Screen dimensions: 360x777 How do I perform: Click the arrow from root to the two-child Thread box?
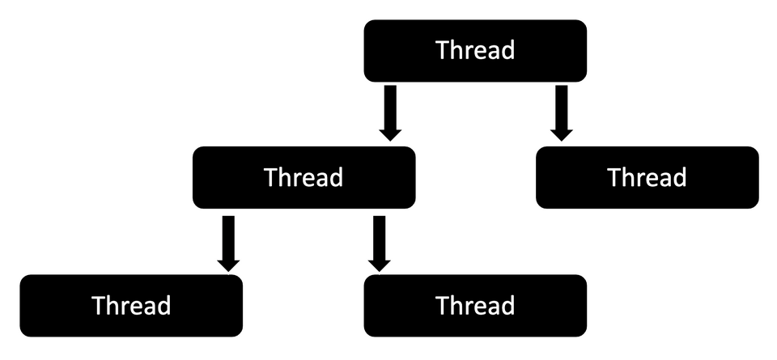tap(390, 112)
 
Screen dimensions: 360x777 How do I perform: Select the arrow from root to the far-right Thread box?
tap(561, 112)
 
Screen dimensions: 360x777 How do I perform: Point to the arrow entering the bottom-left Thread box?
tap(228, 243)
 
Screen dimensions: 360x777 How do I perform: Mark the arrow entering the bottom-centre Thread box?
tap(379, 243)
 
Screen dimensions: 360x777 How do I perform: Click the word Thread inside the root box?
tap(475, 50)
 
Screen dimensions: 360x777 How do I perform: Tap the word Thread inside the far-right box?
tap(647, 177)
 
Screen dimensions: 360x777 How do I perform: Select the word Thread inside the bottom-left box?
tap(131, 306)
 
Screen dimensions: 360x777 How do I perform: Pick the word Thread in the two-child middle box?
tap(304, 177)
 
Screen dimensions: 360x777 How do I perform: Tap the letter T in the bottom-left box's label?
tap(99, 306)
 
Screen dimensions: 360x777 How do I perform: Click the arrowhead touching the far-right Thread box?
tap(561, 131)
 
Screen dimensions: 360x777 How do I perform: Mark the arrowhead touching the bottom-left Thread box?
tap(228, 262)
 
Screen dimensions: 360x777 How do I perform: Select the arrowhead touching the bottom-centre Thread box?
tap(379, 262)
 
